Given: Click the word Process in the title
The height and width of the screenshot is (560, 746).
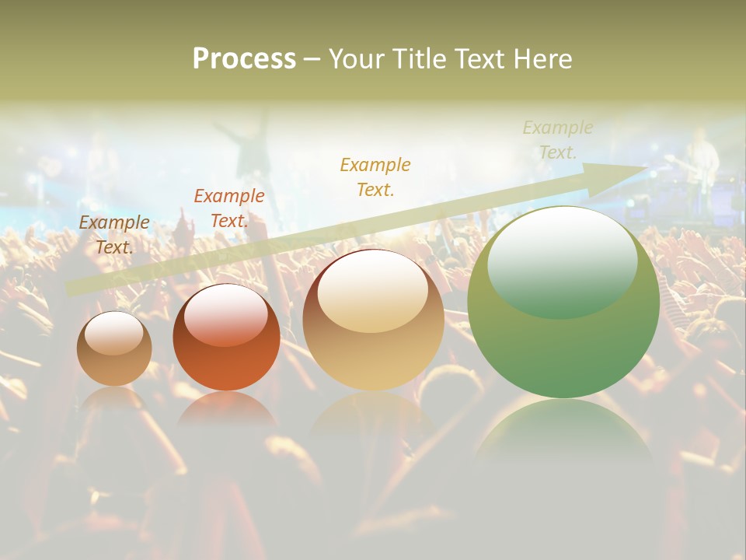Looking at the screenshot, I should (244, 59).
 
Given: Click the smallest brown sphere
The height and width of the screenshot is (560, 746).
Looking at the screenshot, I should (114, 348).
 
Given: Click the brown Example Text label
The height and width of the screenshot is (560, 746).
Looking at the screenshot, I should (114, 234).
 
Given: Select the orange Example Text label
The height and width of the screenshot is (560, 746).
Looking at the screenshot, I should (228, 208).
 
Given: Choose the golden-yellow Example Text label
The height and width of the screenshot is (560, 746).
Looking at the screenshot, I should (375, 177).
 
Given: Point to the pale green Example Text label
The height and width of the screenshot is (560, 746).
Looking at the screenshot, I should (557, 140).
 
